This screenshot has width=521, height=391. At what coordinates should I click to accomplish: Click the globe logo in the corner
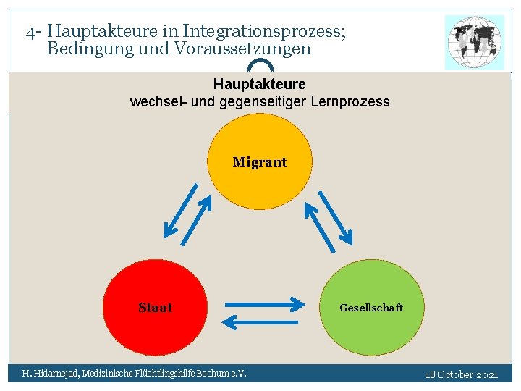[x=475, y=42]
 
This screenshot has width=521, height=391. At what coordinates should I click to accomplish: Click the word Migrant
[x=260, y=162]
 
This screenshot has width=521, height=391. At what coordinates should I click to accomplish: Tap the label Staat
[x=155, y=308]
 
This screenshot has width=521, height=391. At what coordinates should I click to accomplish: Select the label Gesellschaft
[x=371, y=308]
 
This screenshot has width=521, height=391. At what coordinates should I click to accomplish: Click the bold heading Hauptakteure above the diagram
[x=259, y=85]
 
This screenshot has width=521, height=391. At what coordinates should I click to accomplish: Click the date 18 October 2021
[x=462, y=374]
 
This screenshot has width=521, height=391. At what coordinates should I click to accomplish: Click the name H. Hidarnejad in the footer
[x=50, y=374]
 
